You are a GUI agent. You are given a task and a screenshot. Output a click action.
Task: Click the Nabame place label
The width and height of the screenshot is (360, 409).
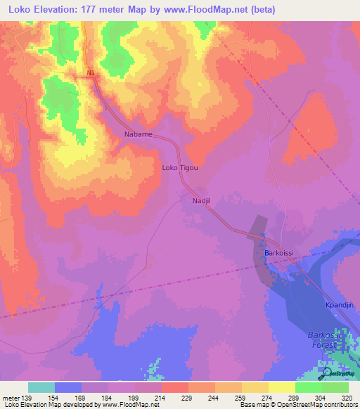[x=138, y=134]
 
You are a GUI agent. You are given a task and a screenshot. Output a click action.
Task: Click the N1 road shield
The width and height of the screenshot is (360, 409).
[x=90, y=73]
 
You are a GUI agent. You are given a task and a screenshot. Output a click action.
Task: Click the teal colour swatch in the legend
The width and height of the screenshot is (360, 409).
[x=41, y=387]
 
